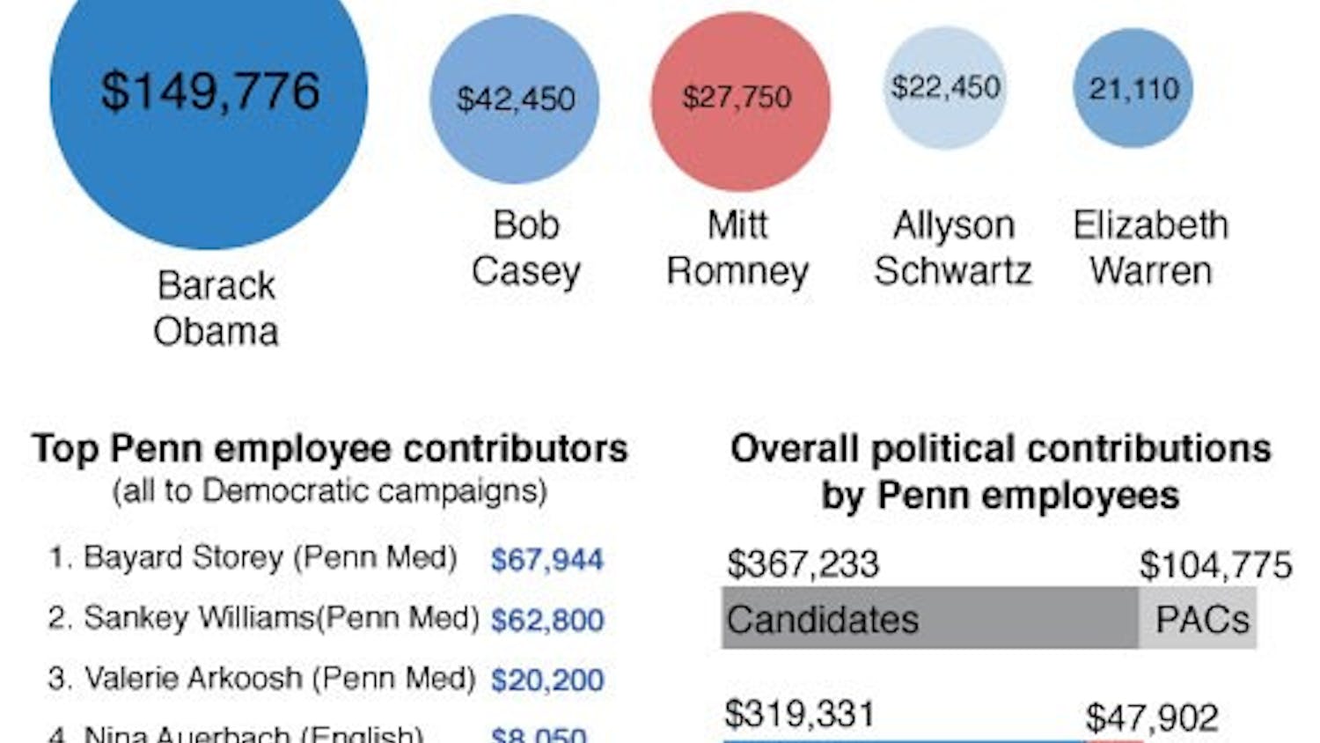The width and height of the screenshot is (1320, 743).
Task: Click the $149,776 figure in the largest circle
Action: click(x=209, y=92)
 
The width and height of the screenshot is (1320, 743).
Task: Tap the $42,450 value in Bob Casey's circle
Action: click(x=516, y=99)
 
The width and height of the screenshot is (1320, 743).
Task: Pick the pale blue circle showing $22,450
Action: click(x=945, y=88)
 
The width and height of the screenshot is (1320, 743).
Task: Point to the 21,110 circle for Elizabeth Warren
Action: click(x=1133, y=88)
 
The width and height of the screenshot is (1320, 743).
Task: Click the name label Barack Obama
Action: click(x=216, y=308)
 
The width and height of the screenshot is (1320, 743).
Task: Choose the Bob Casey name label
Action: click(x=525, y=248)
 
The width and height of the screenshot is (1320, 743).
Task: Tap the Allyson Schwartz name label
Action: click(x=953, y=248)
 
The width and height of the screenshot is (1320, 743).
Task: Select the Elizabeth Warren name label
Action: click(x=1150, y=248)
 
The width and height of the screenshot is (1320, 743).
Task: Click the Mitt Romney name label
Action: click(x=737, y=248)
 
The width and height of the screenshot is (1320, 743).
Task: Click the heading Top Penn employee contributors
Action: click(x=330, y=449)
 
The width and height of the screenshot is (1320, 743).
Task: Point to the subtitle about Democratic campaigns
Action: click(x=330, y=490)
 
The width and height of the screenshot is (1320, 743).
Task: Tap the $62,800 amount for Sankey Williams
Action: click(x=547, y=621)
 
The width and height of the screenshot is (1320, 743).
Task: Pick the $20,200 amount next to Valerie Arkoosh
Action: click(x=547, y=680)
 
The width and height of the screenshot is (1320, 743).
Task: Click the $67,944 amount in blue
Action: click(x=547, y=560)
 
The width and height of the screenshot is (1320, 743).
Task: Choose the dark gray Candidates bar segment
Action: click(x=929, y=619)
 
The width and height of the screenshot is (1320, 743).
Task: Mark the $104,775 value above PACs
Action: click(x=1215, y=565)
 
